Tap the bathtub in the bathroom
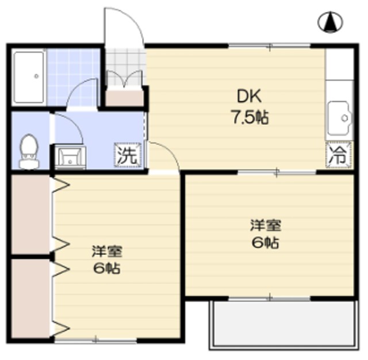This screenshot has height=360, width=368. point(28,76)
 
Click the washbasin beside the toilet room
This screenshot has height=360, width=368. point(70,156)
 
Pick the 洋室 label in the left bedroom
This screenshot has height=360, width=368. point(106,251)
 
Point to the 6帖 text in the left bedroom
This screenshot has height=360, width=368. point(106,269)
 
